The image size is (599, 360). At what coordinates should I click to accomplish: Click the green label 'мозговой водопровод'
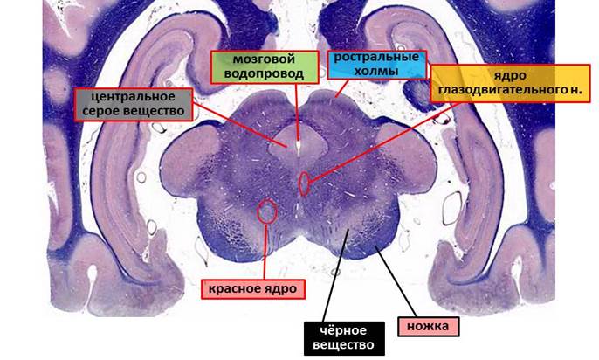(x=265, y=67)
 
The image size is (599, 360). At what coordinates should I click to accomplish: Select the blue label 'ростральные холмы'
(x=376, y=65)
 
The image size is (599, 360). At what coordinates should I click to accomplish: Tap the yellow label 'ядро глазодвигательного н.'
(x=510, y=83)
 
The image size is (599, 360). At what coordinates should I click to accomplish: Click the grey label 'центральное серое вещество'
(x=134, y=104)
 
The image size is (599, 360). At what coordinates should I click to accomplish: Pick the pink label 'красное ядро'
(x=253, y=289)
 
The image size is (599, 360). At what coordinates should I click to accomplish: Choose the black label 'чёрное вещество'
(x=344, y=338)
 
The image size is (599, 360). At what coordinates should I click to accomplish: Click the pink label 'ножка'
(x=428, y=327)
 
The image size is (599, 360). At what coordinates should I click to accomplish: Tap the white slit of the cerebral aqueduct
(x=298, y=148)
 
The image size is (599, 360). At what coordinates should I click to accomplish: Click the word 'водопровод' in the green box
(x=264, y=73)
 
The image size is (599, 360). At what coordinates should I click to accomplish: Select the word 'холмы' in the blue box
(x=376, y=72)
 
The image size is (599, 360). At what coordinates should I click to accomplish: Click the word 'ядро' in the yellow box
(x=510, y=75)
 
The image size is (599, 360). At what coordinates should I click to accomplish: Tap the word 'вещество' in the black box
(x=343, y=345)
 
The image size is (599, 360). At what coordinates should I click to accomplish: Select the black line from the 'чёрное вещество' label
(x=336, y=275)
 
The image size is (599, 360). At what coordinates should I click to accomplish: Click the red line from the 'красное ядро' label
(x=265, y=252)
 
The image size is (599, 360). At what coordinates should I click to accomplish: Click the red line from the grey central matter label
(x=240, y=125)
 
